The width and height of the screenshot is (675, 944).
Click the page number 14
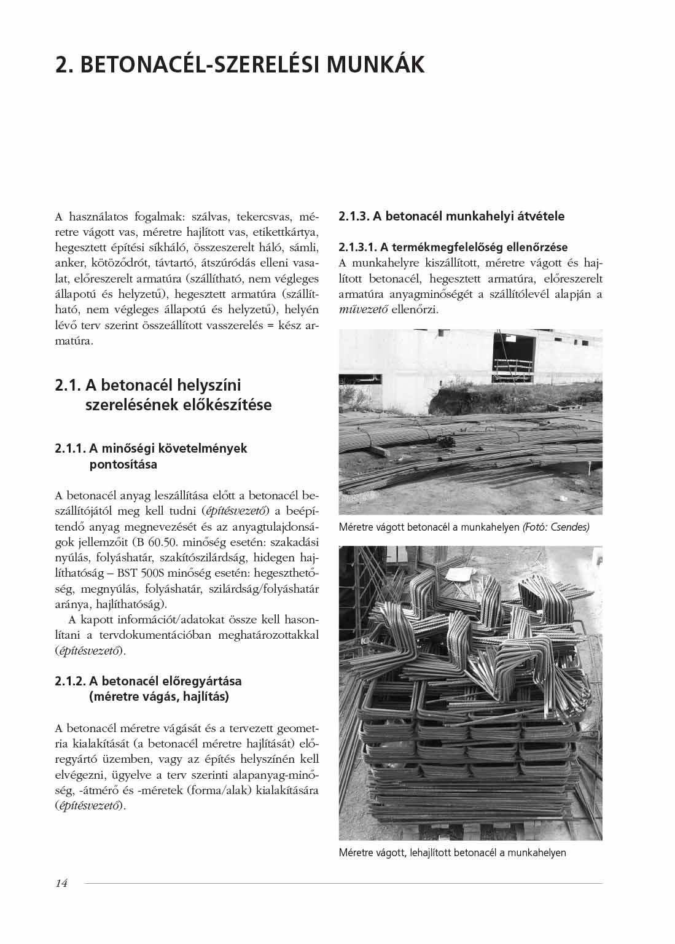tap(61, 884)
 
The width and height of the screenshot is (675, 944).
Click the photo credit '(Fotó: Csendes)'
tap(555, 527)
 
